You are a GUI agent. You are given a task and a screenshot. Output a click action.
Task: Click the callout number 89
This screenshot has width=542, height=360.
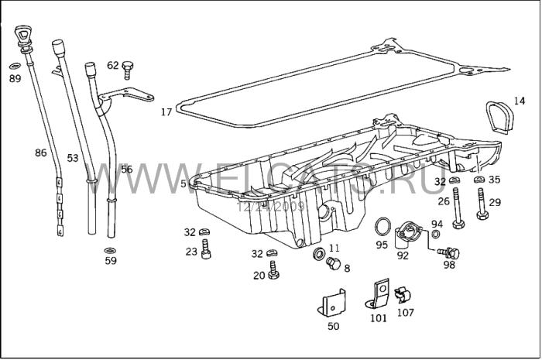tap(15, 78)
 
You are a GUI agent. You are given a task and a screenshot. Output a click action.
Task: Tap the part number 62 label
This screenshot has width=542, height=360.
tap(112, 66)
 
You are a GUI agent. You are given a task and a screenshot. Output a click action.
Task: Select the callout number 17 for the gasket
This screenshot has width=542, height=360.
tap(166, 112)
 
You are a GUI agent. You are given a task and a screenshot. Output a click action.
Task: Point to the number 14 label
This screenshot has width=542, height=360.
tap(519, 101)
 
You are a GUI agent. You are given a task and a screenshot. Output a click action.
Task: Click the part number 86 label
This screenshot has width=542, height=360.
tap(41, 153)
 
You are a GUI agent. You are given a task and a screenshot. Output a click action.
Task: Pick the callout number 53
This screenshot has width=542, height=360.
tap(72, 158)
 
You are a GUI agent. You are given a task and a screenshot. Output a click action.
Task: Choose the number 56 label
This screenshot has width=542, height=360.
tap(127, 170)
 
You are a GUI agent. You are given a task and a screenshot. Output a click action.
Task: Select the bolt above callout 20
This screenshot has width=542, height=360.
tap(274, 270)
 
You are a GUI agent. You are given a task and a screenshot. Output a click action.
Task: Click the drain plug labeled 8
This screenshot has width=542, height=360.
tap(334, 265)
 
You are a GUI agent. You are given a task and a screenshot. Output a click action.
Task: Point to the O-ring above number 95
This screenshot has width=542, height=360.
tap(382, 227)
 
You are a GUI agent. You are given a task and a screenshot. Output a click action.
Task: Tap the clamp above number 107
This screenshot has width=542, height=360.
tap(403, 295)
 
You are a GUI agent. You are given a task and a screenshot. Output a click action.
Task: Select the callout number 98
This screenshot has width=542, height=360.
tap(449, 264)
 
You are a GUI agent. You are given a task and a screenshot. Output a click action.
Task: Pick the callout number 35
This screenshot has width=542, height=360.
tap(495, 180)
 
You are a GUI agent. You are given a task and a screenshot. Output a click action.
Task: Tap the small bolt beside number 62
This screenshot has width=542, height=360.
tap(128, 70)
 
